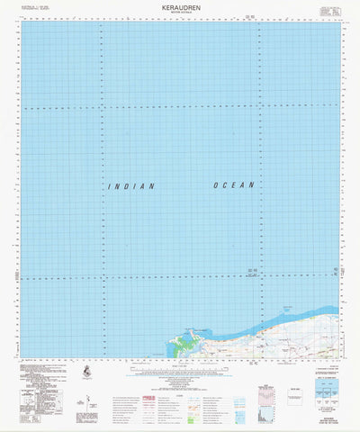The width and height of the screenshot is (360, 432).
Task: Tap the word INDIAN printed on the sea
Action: (131, 186)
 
